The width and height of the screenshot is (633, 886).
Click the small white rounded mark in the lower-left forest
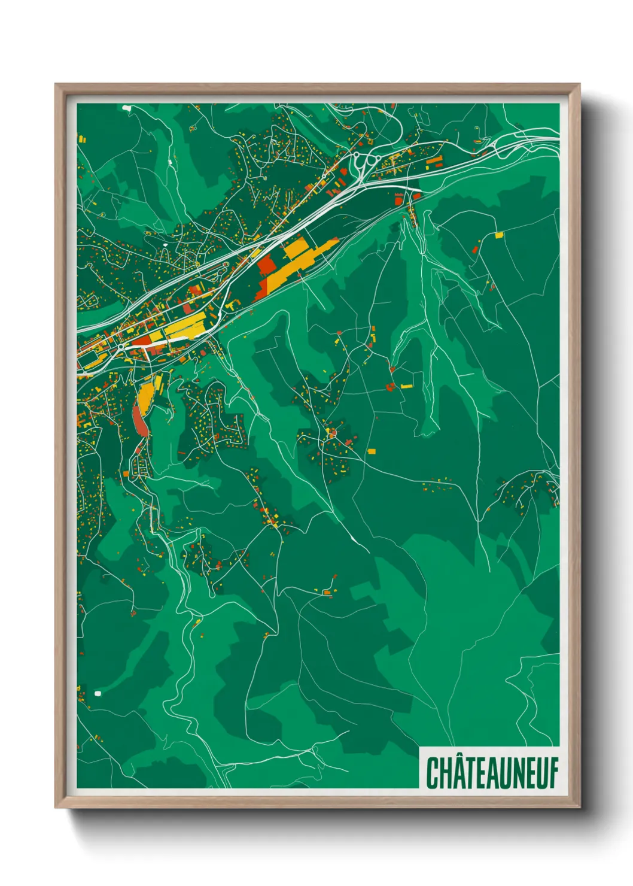click(98, 693)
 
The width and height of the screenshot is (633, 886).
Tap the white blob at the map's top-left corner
click(126, 108)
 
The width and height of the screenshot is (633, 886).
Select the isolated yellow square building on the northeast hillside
click(499, 235)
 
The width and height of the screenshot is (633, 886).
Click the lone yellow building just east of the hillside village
click(371, 451)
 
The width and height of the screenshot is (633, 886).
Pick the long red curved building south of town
click(138, 420)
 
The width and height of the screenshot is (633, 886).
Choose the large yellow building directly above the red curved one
click(145, 394)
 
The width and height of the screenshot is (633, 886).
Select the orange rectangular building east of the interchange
click(434, 160)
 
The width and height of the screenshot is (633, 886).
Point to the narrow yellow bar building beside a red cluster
click(407, 386)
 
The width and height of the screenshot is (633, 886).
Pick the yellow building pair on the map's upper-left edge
click(82, 139)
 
